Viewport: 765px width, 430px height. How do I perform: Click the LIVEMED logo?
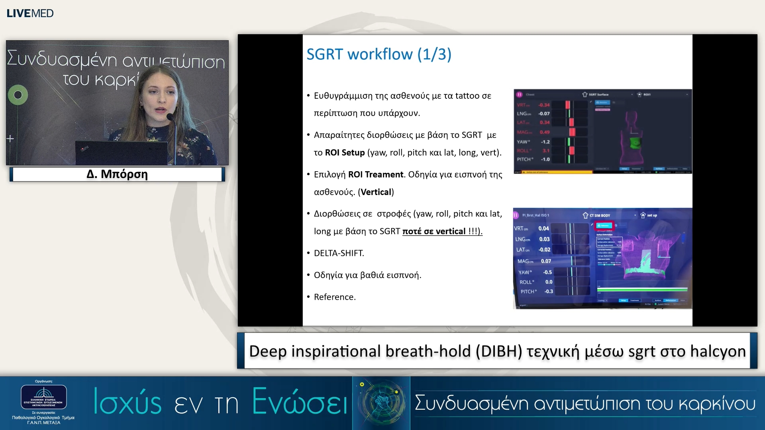30,13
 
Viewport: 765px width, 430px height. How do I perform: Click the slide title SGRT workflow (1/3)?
379,54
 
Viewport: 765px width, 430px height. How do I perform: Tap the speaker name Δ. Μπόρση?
117,174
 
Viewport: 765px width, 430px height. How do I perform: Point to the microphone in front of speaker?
170,117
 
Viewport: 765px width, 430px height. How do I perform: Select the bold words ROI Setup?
345,152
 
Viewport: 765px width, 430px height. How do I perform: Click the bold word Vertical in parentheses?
376,192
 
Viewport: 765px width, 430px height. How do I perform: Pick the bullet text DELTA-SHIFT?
339,253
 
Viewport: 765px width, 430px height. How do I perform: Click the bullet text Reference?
335,297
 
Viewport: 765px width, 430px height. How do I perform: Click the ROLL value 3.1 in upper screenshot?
546,150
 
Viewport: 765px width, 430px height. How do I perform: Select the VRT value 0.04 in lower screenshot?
543,229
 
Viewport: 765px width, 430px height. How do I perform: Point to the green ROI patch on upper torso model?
635,143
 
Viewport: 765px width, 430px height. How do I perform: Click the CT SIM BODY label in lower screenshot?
600,215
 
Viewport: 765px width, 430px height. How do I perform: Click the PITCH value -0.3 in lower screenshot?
549,291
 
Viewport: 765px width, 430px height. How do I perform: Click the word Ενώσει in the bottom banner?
300,402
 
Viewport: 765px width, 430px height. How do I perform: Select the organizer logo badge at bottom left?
43,397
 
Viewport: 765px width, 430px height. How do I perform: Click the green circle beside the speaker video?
18,95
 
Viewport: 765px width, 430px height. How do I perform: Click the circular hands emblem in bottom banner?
381,403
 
